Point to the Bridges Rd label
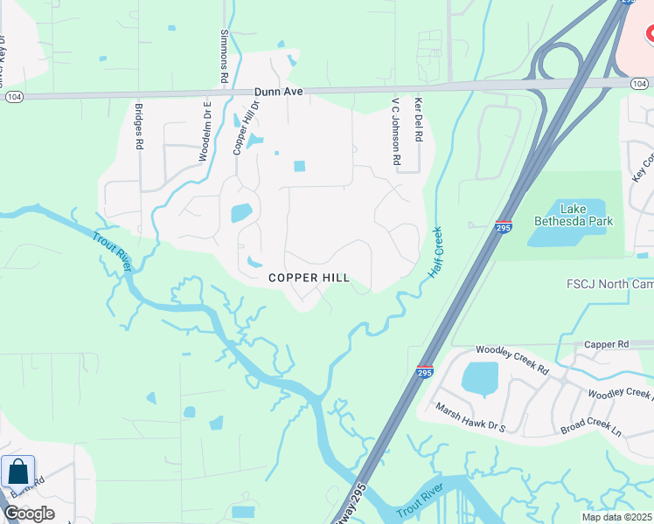pyautogui.click(x=139, y=127)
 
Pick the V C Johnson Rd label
pyautogui.click(x=395, y=132)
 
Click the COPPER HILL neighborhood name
pyautogui.click(x=309, y=278)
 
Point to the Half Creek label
pyautogui.click(x=435, y=252)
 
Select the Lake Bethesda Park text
pyautogui.click(x=574, y=214)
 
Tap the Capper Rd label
pyautogui.click(x=607, y=345)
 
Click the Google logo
pyautogui.click(x=29, y=513)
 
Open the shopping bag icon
pyautogui.click(x=17, y=472)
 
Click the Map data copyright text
pyautogui.click(x=616, y=517)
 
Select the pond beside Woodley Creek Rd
pyautogui.click(x=479, y=378)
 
